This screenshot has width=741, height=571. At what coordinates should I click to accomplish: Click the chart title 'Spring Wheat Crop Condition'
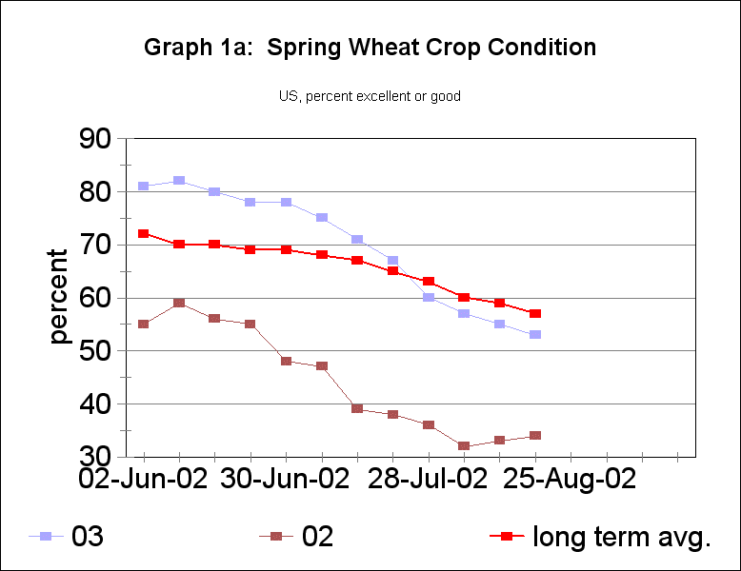pos(370,48)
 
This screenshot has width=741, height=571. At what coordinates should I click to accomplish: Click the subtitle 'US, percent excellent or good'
pos(370,96)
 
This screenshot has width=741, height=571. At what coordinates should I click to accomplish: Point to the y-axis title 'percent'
pos(59,297)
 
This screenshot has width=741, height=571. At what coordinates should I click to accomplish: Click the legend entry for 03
pos(67,537)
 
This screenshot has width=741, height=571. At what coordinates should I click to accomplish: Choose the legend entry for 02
pos(295,537)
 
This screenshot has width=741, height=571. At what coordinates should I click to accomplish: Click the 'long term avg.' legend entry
pos(600,537)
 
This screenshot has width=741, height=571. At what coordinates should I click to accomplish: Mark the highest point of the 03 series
pos(178,181)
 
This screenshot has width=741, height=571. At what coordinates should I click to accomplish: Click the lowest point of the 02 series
pos(464,446)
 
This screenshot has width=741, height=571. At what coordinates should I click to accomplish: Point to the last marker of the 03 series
pos(535,335)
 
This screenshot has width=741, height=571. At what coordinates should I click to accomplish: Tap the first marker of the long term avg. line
pos(143,233)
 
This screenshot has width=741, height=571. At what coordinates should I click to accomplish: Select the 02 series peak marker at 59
pos(178,303)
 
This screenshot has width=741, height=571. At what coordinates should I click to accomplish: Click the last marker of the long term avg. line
pos(535,313)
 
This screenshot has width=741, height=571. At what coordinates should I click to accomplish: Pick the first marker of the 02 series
pos(143,324)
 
